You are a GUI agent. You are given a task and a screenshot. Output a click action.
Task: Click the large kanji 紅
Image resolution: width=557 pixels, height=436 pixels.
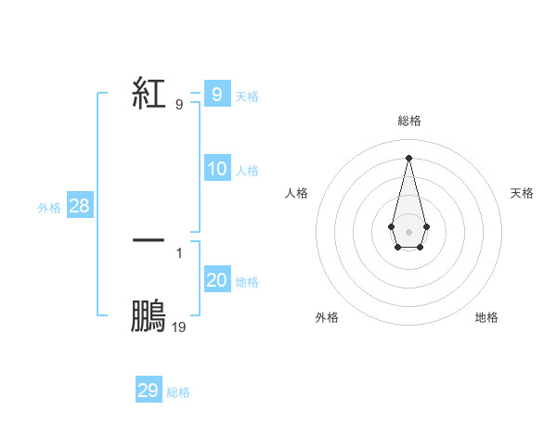click(x=149, y=94)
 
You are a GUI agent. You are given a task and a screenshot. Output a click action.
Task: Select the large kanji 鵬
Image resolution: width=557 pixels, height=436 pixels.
click(x=149, y=315)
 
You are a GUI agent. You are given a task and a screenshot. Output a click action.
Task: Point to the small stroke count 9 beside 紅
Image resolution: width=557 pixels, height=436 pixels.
click(x=178, y=105)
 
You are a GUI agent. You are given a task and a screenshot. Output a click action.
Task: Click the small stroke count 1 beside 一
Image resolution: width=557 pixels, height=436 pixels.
click(x=178, y=251)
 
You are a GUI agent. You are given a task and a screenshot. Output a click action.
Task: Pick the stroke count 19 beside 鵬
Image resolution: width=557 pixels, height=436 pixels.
click(x=178, y=327)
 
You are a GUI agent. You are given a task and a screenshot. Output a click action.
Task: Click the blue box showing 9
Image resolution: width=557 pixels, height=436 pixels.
click(x=216, y=94)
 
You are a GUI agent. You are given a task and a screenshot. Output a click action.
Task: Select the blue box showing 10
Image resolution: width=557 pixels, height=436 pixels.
click(x=216, y=169)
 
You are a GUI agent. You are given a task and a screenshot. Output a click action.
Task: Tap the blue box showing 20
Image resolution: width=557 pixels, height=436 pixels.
click(x=216, y=280)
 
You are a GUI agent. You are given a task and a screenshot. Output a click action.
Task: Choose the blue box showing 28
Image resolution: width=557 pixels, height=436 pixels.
click(x=79, y=206)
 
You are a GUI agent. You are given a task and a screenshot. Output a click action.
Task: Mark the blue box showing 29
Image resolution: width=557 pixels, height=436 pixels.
click(x=148, y=391)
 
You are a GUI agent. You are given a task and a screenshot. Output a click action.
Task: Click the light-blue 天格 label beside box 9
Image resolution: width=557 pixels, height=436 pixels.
click(x=247, y=96)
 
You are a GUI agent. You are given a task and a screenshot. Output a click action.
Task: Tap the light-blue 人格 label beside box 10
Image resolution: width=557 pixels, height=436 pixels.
click(x=247, y=171)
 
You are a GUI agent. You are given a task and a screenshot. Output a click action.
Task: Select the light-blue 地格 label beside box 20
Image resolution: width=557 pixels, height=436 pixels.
click(x=247, y=282)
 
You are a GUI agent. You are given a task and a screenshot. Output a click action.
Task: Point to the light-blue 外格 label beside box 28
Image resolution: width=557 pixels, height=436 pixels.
click(x=49, y=208)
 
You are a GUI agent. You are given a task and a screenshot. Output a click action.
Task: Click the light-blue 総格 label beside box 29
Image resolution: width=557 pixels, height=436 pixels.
click(x=178, y=392)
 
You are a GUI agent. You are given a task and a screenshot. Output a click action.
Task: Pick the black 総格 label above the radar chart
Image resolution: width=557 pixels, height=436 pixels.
click(x=408, y=121)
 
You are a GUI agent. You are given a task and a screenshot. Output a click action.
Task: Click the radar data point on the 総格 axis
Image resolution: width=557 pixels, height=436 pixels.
click(x=408, y=156)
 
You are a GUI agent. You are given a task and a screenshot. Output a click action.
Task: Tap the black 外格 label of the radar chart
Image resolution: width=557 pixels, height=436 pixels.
click(x=327, y=317)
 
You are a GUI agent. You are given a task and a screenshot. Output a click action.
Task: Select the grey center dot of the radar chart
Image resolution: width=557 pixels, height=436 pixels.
click(x=408, y=231)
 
